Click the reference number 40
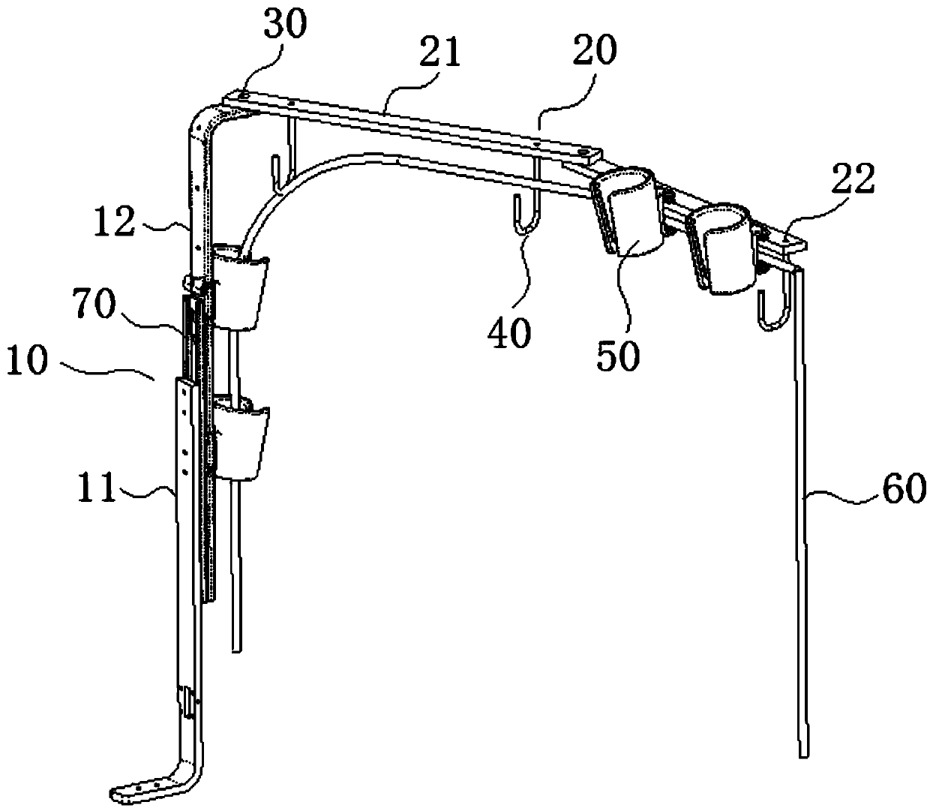tap(510, 332)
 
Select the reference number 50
tap(619, 356)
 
